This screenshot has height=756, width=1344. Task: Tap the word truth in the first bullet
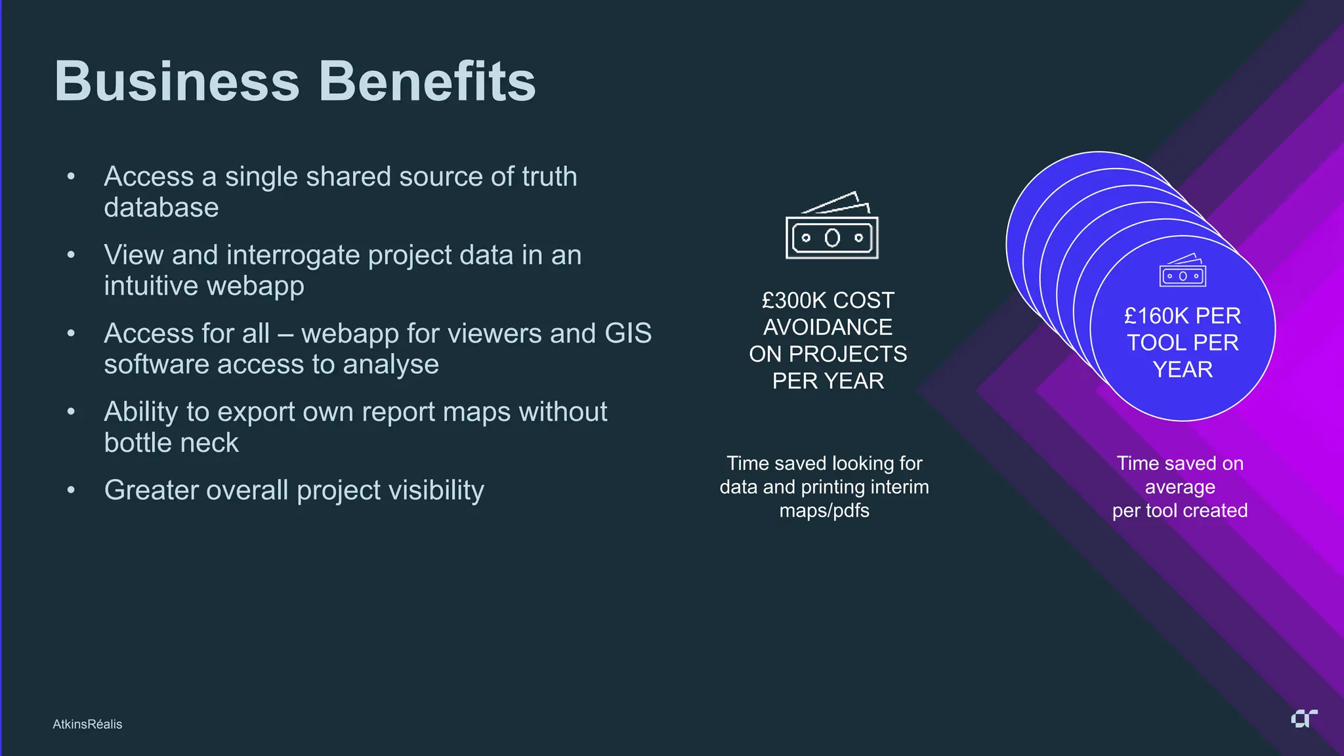(549, 177)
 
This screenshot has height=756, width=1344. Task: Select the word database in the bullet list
(161, 207)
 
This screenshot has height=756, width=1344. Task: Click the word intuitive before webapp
(150, 286)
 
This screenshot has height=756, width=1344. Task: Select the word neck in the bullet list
(211, 443)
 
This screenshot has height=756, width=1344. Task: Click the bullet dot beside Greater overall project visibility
(71, 490)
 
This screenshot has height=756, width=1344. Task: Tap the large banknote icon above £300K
(831, 226)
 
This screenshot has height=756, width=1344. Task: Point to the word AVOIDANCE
(828, 327)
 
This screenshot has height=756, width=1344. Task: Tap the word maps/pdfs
(824, 511)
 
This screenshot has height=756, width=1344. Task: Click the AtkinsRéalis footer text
(87, 724)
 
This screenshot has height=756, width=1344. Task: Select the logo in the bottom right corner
(1304, 719)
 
